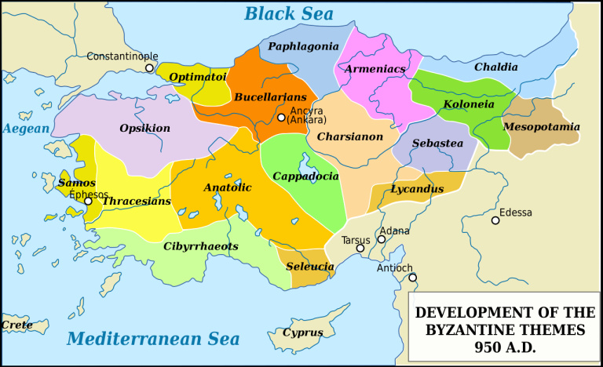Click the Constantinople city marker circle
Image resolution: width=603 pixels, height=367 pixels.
(x=149, y=68)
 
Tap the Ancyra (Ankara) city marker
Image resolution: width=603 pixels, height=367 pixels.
(x=281, y=118)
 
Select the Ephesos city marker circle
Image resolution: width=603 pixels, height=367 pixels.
(x=89, y=202)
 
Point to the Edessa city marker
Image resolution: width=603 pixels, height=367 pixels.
(x=495, y=220)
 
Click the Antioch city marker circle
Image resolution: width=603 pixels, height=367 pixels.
(x=412, y=278)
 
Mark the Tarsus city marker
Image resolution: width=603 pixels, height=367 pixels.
(x=360, y=249)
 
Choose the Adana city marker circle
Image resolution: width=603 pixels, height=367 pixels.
(x=382, y=239)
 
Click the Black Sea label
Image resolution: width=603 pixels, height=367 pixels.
(x=288, y=13)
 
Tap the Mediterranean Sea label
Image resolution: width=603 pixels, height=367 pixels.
(x=152, y=339)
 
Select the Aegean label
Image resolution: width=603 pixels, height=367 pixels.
(x=25, y=129)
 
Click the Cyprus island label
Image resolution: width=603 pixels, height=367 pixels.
(x=302, y=332)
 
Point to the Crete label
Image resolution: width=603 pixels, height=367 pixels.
(x=16, y=324)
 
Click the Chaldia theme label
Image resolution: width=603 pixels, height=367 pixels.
(x=495, y=67)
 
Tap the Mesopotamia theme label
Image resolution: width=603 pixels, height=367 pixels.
(x=541, y=126)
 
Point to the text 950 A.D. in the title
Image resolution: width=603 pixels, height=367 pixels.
(x=505, y=347)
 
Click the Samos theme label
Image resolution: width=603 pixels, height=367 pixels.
(x=76, y=183)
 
